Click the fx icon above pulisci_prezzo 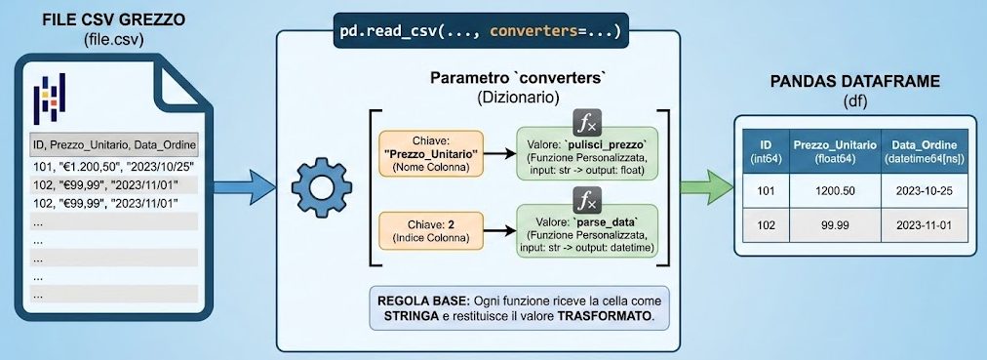click(586, 122)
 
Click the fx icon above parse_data click(586, 202)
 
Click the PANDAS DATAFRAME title click(851, 83)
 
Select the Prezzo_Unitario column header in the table click(832, 151)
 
